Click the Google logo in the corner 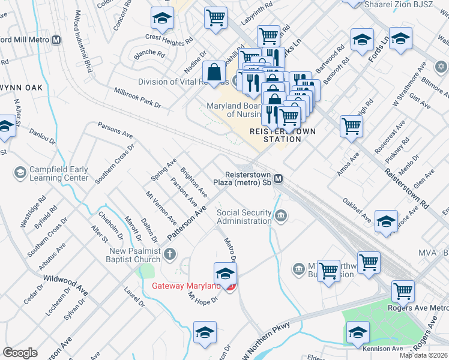click(x=20, y=353)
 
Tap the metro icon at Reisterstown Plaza click(x=279, y=179)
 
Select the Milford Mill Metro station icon click(x=56, y=40)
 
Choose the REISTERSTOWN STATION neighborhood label click(x=283, y=135)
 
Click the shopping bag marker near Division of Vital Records click(x=214, y=73)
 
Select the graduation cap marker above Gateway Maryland click(x=225, y=274)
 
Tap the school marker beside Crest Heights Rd click(x=161, y=20)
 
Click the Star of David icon click(x=441, y=66)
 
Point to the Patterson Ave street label click(x=187, y=223)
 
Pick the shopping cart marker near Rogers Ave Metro click(x=403, y=292)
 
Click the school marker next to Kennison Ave click(x=358, y=332)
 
